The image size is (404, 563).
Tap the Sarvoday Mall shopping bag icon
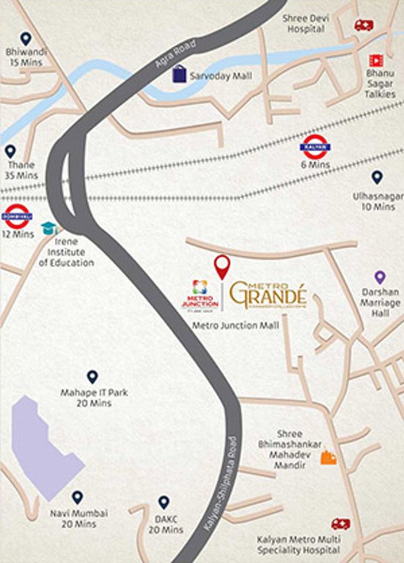178,73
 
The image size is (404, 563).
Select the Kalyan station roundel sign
315,147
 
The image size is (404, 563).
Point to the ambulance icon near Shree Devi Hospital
363,25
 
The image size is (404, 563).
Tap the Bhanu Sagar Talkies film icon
376,59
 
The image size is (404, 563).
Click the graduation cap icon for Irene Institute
49,228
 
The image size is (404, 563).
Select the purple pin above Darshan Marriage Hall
380,277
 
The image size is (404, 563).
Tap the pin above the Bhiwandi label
26,39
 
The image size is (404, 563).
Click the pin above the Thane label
10,152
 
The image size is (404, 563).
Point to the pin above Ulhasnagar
377,177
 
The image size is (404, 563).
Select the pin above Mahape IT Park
92,377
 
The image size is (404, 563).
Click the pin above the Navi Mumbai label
77,497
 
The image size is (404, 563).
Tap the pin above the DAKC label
164,502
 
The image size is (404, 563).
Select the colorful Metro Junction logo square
199,288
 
